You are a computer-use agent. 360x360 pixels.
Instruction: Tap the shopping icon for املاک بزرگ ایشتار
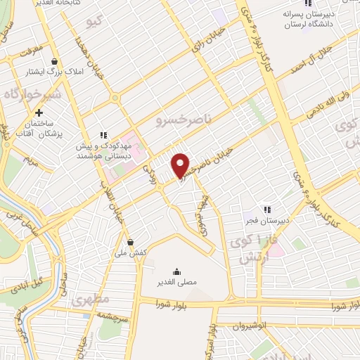coord(54,61)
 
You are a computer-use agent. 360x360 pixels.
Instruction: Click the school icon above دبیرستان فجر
coord(266,209)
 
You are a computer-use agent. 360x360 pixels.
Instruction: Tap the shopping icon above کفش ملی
coord(130,241)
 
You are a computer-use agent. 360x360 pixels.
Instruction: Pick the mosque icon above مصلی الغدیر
coord(176,271)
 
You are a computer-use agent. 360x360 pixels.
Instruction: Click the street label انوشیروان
coord(251,327)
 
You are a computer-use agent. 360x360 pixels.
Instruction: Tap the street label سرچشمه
coord(112,317)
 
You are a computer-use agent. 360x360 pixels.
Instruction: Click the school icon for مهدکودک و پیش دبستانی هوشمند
coord(103,135)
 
